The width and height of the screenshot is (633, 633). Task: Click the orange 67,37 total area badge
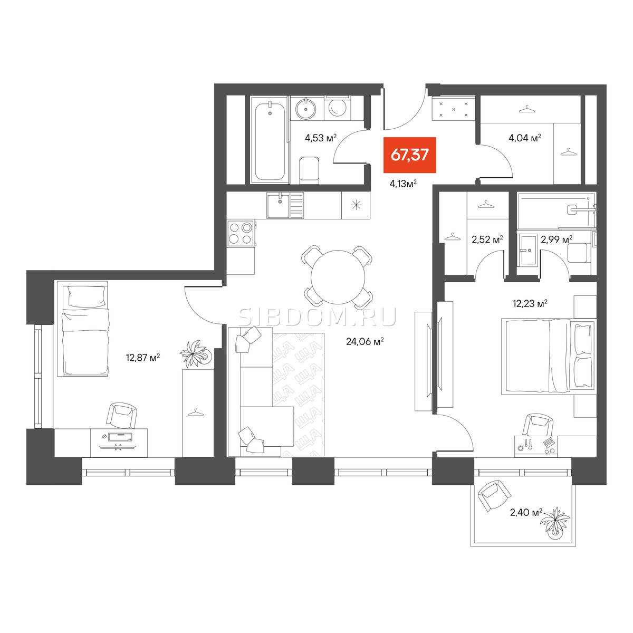click(409, 155)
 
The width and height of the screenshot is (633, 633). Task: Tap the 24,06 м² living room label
click(365, 342)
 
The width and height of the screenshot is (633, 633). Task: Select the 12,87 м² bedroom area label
click(143, 358)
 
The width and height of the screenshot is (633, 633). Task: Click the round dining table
click(338, 277)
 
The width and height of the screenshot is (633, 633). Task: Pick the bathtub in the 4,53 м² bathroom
click(270, 140)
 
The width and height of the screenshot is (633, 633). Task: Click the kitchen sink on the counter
click(279, 206)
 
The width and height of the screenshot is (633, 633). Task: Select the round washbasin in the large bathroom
click(306, 108)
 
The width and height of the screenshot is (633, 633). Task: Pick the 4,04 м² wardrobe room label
click(524, 138)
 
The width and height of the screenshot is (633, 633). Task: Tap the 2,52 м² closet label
click(487, 239)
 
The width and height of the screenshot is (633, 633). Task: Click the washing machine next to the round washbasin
click(337, 108)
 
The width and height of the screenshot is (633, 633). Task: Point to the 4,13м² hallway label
click(403, 184)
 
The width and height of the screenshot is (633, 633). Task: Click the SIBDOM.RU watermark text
click(317, 318)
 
